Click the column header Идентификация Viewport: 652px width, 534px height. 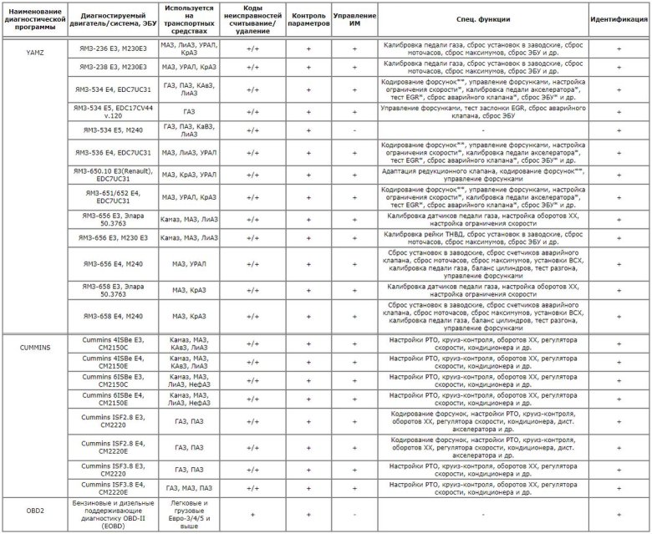click(619, 18)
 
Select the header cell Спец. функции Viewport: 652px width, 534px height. click(482, 18)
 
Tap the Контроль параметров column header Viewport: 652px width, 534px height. click(308, 18)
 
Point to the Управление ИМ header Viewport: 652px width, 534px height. click(354, 18)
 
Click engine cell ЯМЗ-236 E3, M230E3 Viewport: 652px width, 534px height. click(114, 48)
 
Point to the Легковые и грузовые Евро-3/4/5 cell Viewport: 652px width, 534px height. click(188, 514)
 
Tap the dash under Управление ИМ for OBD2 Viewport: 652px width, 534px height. click(354, 515)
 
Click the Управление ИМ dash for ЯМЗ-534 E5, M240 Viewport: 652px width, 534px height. click(354, 130)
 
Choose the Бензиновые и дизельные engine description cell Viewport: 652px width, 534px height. click(114, 514)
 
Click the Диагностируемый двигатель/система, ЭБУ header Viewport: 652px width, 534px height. click(114, 18)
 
